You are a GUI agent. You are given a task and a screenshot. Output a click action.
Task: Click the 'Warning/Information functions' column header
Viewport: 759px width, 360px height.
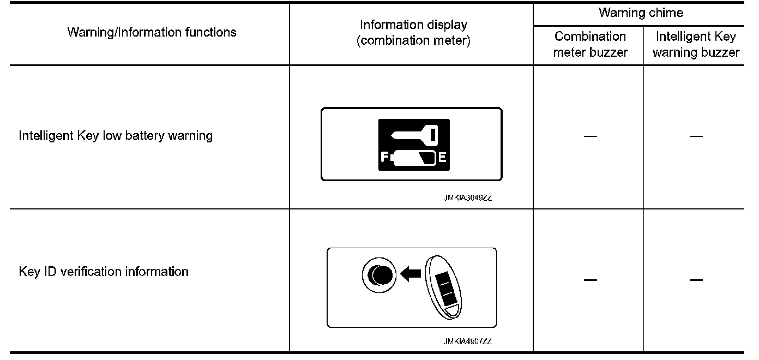[x=152, y=32]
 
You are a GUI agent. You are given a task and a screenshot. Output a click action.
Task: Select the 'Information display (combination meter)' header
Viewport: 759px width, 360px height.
[x=413, y=33]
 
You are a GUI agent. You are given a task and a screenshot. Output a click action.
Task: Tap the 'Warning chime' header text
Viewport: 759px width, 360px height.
[x=641, y=13]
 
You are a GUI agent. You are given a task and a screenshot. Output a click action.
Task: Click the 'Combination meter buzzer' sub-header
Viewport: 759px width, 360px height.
[x=590, y=44]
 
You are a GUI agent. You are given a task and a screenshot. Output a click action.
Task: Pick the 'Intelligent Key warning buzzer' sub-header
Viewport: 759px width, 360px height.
[x=696, y=44]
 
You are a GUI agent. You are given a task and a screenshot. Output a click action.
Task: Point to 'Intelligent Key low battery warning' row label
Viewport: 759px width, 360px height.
[x=116, y=135]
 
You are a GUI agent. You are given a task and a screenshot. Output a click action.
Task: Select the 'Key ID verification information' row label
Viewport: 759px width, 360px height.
[x=104, y=271]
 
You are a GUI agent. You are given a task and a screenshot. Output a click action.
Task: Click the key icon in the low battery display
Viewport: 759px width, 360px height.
[x=414, y=134]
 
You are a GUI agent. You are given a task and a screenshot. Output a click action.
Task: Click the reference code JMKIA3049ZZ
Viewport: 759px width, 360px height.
[x=467, y=199]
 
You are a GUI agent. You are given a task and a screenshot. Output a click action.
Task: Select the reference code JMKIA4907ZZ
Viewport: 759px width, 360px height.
[x=467, y=342]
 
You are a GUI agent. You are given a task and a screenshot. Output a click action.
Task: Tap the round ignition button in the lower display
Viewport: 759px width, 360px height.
[x=379, y=274]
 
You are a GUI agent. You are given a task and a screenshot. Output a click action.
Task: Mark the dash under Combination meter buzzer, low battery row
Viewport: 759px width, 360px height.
[x=589, y=136]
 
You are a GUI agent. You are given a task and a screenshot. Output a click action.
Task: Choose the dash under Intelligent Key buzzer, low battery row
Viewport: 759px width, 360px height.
[x=696, y=136]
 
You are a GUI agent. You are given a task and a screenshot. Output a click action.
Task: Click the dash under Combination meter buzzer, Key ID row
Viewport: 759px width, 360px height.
[x=589, y=280]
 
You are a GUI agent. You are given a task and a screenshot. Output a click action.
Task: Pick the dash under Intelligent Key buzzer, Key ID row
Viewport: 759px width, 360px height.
[x=696, y=280]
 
